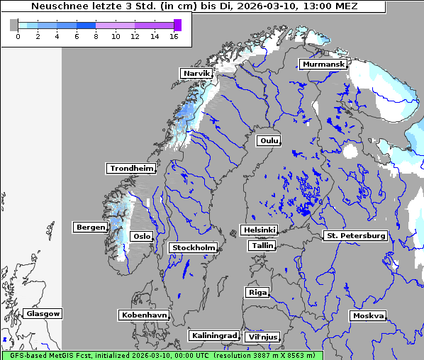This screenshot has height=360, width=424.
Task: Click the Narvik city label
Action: point(197,73)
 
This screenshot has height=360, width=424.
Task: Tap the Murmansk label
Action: point(323,64)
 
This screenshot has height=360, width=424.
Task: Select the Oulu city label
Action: point(269,140)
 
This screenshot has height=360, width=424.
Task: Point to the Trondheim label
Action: point(131,168)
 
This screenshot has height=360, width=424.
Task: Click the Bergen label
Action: point(89,227)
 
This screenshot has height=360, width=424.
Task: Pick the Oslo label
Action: point(142,236)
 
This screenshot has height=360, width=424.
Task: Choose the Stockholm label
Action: point(194,247)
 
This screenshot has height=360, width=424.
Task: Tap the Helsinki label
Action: point(259,230)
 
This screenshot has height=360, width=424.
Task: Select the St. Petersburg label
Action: point(355,235)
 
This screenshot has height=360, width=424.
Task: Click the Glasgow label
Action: point(43,313)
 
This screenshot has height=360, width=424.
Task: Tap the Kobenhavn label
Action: point(144,314)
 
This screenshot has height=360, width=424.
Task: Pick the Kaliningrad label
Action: point(213,335)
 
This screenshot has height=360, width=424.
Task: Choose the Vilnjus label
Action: point(262,337)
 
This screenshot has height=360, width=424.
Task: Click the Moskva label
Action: point(368,315)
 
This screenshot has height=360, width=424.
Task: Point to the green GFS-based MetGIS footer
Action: point(162,355)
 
